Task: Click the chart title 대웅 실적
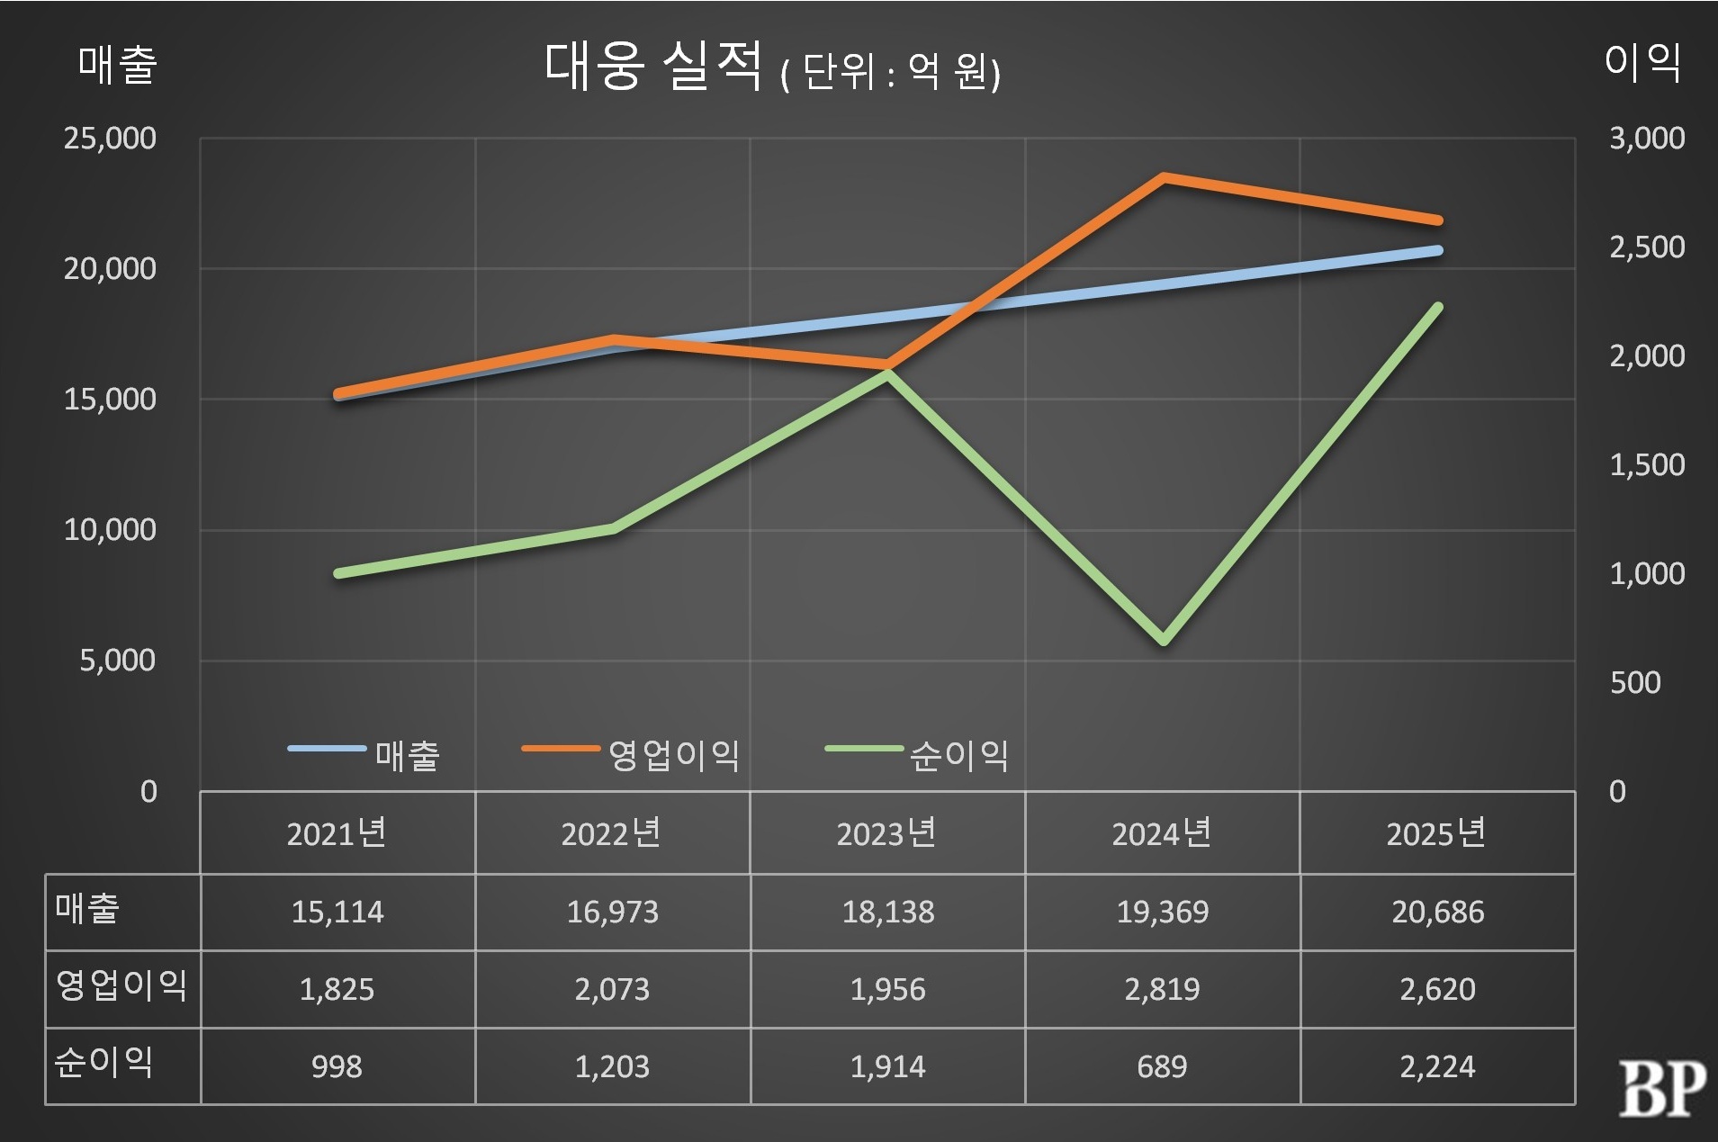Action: pyautogui.click(x=653, y=67)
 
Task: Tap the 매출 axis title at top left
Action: pyautogui.click(x=118, y=65)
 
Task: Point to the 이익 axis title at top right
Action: pyautogui.click(x=1642, y=63)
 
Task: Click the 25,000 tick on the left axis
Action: pyautogui.click(x=110, y=139)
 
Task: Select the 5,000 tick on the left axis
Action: pyautogui.click(x=117, y=661)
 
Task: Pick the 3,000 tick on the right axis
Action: pyautogui.click(x=1647, y=139)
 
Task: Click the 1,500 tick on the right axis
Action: pyautogui.click(x=1647, y=465)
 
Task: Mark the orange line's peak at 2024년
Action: pyautogui.click(x=1164, y=177)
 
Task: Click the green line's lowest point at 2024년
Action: pyautogui.click(x=1164, y=641)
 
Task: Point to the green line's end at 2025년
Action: pyautogui.click(x=1438, y=308)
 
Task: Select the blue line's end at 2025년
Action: pyautogui.click(x=1438, y=250)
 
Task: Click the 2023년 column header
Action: pyautogui.click(x=886, y=833)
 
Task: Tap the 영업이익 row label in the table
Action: pyautogui.click(x=121, y=986)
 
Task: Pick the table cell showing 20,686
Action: pyautogui.click(x=1437, y=913)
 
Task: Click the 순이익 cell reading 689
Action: pyautogui.click(x=1162, y=1067)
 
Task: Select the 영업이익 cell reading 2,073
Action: pyautogui.click(x=612, y=990)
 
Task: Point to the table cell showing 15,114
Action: pyautogui.click(x=337, y=913)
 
